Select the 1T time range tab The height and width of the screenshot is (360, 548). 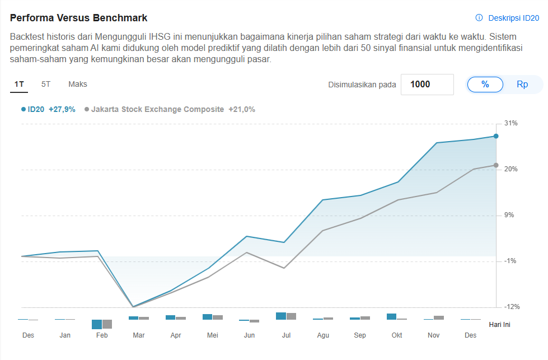[19, 85]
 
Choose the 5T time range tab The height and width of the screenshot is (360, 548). [46, 85]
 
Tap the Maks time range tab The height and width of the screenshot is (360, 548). [78, 85]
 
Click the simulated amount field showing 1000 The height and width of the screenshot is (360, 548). [427, 85]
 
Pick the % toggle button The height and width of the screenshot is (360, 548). [485, 85]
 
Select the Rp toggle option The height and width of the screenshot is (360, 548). [522, 85]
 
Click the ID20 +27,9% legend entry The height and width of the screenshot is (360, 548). [49, 110]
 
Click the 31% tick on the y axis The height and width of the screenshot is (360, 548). [511, 123]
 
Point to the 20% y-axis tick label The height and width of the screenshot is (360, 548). [511, 169]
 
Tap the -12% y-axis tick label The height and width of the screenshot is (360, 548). [511, 307]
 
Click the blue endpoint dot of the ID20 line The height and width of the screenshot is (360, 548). [496, 136]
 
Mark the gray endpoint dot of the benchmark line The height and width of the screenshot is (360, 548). [496, 165]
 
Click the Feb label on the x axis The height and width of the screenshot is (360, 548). [102, 335]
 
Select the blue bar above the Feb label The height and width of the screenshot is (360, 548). [97, 324]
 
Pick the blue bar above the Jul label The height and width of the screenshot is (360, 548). [281, 316]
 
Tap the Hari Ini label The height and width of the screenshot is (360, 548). [499, 324]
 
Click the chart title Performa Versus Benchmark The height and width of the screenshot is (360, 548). [79, 18]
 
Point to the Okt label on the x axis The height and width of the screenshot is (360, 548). [397, 335]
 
